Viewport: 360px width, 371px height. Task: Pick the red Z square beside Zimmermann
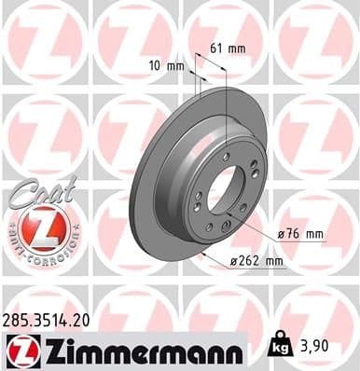(21, 351)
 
